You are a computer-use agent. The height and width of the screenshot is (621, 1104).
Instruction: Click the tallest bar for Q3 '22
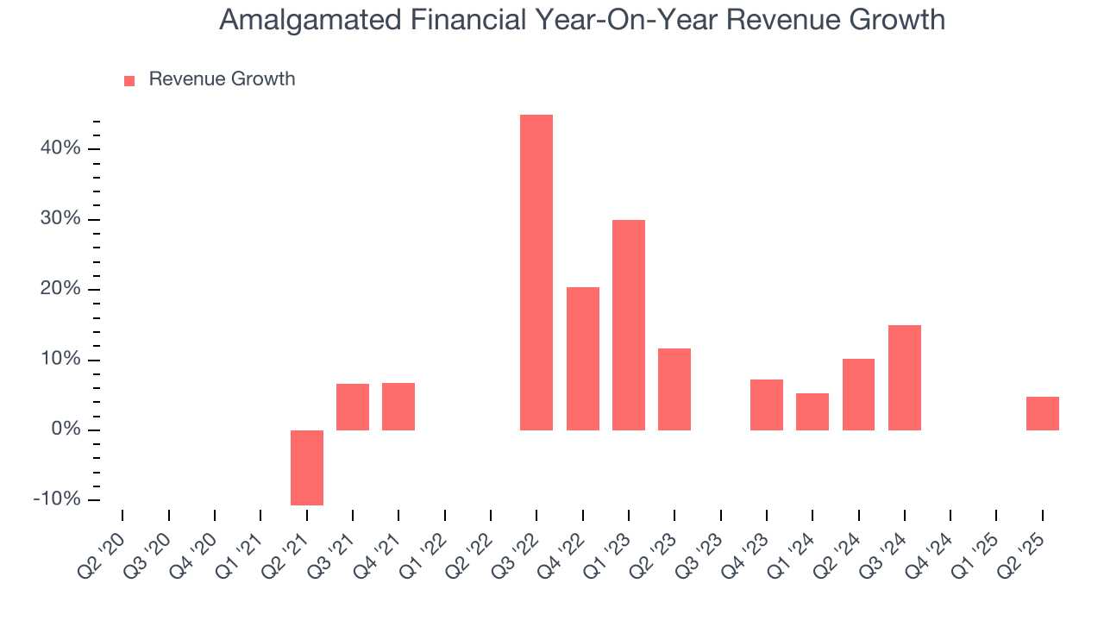coord(536,273)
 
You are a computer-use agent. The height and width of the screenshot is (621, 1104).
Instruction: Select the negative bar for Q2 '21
coord(307,467)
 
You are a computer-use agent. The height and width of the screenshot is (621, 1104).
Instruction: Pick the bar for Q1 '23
coord(629,325)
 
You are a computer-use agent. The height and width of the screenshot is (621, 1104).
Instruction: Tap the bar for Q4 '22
coord(583,359)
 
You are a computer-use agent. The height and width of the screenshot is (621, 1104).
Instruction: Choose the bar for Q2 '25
coord(1043,413)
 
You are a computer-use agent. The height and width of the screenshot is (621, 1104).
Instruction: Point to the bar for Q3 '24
coord(905,378)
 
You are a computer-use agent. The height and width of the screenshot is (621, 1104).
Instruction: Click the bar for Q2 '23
coord(674,389)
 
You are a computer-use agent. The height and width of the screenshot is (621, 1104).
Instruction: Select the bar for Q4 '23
coord(767,405)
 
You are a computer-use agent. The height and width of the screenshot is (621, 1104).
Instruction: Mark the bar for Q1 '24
coord(812,411)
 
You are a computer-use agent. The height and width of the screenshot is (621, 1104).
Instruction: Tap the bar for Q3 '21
coord(353,407)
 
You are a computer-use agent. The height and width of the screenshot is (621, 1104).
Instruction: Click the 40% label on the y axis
coord(60,148)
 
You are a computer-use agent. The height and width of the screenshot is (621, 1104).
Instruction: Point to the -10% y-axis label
coord(57,500)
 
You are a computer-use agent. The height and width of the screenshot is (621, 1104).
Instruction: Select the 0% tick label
coord(66,430)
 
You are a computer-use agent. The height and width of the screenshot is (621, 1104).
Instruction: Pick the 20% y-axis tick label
coord(60,289)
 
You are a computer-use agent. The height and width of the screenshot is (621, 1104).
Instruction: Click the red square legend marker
coord(129,80)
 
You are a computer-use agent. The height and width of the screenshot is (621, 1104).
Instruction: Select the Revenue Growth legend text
coord(222,79)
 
